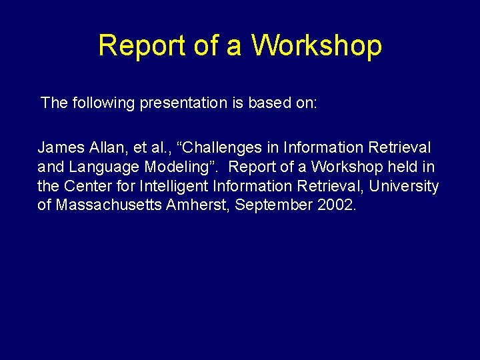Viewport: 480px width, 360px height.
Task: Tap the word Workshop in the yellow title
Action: click(317, 46)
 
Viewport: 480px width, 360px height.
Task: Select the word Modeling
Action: click(173, 166)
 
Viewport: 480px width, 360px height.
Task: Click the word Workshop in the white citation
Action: click(346, 166)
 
